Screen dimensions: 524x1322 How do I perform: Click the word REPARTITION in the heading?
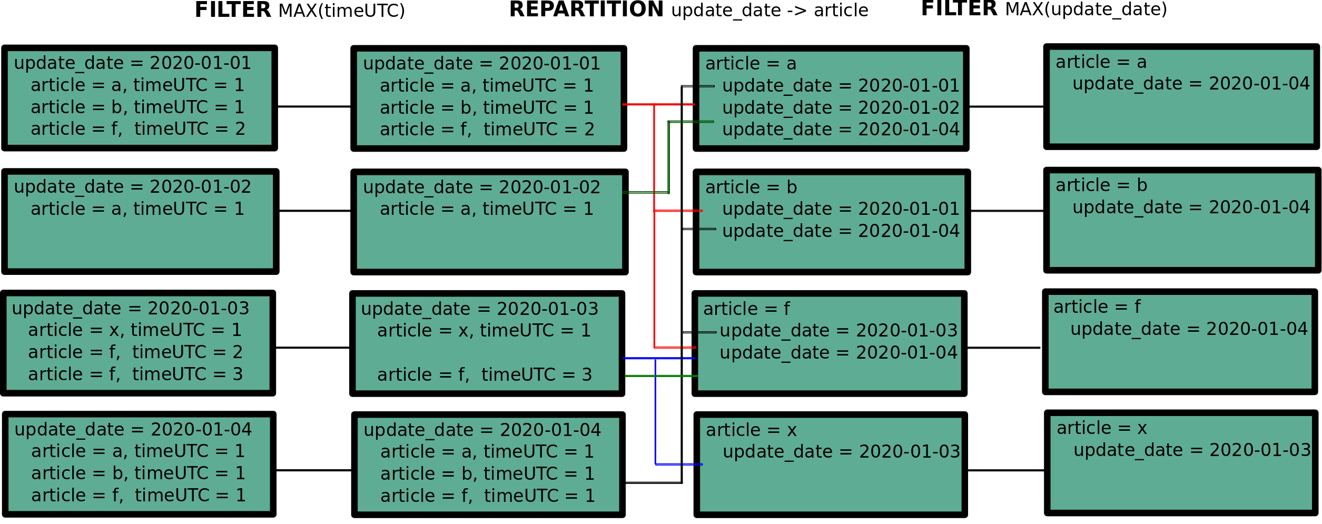(586, 9)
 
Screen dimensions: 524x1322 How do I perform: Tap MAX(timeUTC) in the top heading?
(341, 11)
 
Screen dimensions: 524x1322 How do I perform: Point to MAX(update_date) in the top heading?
(1086, 9)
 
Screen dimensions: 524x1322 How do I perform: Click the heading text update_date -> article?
(769, 10)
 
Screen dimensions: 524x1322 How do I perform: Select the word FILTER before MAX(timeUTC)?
(233, 10)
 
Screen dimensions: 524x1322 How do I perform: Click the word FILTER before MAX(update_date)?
(959, 9)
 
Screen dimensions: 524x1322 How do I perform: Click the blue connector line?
(655, 411)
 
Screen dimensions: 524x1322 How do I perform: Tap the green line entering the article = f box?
(661, 376)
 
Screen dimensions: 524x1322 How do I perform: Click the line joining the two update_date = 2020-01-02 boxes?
(314, 211)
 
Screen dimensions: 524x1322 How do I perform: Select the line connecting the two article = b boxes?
(1007, 211)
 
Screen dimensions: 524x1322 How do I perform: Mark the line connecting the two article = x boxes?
(1005, 470)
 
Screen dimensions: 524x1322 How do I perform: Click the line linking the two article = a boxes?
(1006, 106)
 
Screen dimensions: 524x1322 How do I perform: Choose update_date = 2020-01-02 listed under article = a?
(841, 107)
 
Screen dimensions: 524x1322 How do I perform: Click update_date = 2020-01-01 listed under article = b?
(841, 209)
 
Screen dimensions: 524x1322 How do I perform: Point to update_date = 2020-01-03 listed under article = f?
(838, 331)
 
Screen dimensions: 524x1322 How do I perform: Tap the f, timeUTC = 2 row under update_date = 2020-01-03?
(135, 352)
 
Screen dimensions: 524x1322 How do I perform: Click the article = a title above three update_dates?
(751, 64)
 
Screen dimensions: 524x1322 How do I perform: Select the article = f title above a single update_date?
(1097, 307)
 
